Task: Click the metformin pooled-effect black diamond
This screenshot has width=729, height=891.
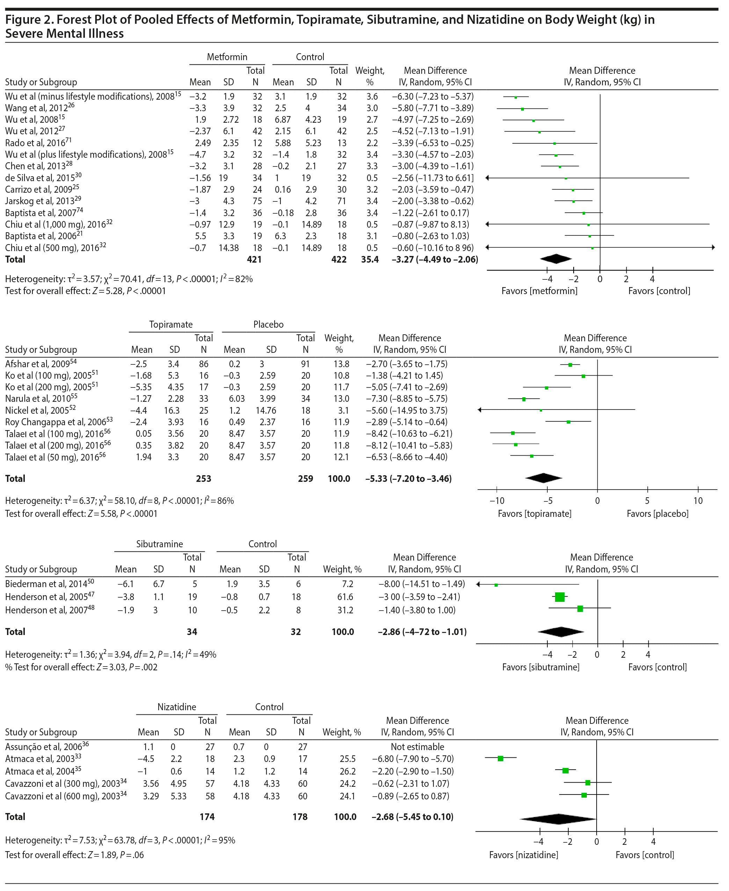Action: click(556, 259)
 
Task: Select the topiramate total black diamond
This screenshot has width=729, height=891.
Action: click(544, 478)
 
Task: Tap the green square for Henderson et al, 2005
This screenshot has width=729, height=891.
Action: click(560, 597)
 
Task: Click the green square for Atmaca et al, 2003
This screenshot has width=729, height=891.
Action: click(501, 758)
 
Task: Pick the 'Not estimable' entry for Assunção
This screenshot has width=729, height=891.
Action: click(417, 747)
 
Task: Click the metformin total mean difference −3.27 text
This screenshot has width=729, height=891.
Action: click(435, 259)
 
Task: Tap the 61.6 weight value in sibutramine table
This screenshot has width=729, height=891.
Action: click(345, 597)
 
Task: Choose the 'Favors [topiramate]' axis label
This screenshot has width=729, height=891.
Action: click(534, 514)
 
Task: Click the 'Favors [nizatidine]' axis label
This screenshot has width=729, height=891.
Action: click(523, 855)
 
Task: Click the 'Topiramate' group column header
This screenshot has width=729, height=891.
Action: click(170, 325)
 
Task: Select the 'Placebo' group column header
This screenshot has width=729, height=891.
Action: click(268, 325)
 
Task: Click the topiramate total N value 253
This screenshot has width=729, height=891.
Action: click(203, 478)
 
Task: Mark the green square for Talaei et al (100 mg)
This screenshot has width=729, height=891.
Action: click(513, 433)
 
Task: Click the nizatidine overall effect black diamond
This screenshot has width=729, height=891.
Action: click(558, 819)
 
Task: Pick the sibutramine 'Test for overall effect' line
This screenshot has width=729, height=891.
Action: click(81, 667)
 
